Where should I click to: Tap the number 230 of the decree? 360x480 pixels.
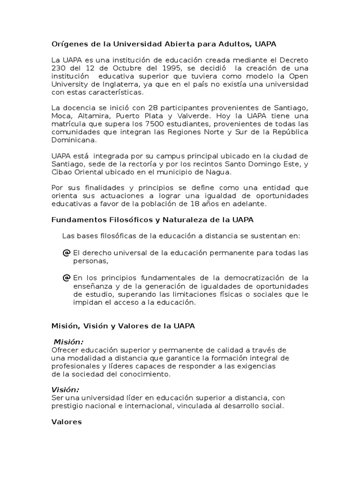(x=58, y=68)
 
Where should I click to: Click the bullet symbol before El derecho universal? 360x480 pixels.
(x=66, y=253)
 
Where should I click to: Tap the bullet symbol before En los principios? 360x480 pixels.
(x=66, y=278)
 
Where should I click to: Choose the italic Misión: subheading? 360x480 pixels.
(x=68, y=342)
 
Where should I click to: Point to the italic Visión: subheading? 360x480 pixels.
(x=65, y=390)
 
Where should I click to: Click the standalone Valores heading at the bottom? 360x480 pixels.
(x=66, y=422)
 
